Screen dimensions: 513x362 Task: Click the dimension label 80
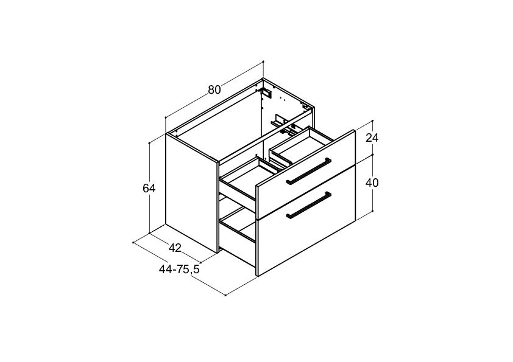pos(214,89)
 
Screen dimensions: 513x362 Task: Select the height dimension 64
pos(149,189)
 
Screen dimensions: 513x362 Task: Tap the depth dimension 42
pos(175,248)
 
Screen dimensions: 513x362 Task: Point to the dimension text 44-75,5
pos(179,269)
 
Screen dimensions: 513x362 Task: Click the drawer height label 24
pos(372,138)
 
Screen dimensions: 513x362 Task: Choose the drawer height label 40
pos(372,183)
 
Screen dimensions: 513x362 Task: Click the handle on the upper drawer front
pos(308,171)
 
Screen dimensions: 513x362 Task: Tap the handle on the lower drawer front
pos(308,205)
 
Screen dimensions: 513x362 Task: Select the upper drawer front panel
pos(306,175)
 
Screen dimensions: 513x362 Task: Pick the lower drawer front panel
pos(306,220)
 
